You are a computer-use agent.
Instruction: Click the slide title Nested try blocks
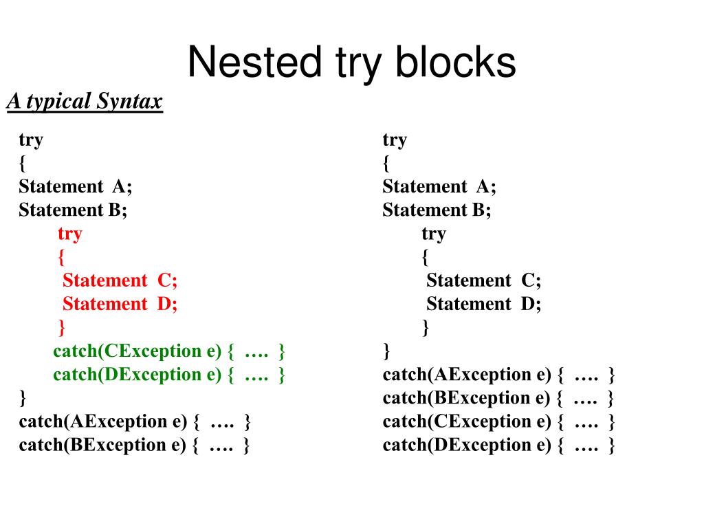pos(351,63)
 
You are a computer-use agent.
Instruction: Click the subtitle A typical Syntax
pos(85,102)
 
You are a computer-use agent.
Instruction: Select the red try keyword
pos(69,234)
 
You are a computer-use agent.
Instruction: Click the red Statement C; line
pos(120,280)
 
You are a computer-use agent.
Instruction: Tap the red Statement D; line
pos(120,304)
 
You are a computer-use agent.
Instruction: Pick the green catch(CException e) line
pos(169,351)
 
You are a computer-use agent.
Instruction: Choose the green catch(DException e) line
pos(169,375)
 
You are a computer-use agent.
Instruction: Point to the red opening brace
pos(62,257)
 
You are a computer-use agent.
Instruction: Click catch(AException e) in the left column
pos(135,421)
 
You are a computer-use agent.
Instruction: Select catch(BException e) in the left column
pos(135,445)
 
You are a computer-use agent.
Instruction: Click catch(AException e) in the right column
pos(498,375)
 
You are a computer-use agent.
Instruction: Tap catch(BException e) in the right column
pos(498,398)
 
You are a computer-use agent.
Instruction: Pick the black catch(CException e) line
pos(498,421)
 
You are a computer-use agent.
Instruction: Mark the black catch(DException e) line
pos(498,445)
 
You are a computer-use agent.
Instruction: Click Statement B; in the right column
pos(437,210)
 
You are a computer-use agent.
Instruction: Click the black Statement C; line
pos(483,280)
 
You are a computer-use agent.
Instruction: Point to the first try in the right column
pos(395,140)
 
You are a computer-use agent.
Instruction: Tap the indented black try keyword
pos(434,234)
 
